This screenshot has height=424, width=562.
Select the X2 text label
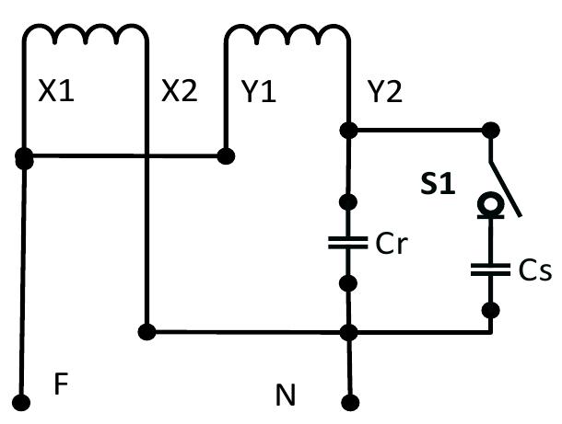[x=179, y=92]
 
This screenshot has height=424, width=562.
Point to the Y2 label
[x=385, y=92]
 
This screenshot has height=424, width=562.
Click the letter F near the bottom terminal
[x=61, y=384]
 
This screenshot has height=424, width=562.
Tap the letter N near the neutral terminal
[x=287, y=396]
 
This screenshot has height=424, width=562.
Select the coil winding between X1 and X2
[x=85, y=35]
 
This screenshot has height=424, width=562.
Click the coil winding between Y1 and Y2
[x=287, y=35]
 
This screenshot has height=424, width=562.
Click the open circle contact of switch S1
[x=490, y=201]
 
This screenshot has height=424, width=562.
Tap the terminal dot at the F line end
[x=23, y=402]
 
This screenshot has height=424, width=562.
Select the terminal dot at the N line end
[x=349, y=402]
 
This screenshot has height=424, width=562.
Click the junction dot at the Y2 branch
[x=349, y=129]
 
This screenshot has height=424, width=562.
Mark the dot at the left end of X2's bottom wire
[x=146, y=330]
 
